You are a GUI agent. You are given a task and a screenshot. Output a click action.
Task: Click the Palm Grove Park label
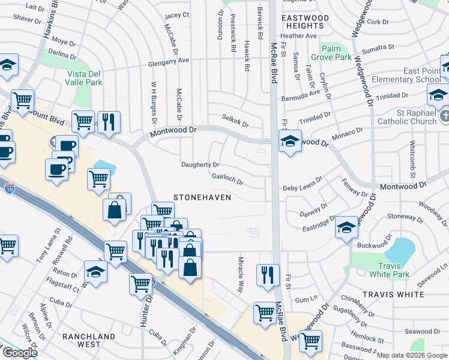pos(335,53)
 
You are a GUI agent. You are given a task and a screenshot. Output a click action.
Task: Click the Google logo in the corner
pos(20,353)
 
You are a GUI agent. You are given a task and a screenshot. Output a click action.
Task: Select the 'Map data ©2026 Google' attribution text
pos(412,355)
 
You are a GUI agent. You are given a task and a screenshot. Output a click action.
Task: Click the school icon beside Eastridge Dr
pos(346,227)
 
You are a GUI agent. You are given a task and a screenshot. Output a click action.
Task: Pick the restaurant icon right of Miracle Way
pos(267,275)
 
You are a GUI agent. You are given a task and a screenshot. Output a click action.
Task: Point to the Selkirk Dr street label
pos(235,120)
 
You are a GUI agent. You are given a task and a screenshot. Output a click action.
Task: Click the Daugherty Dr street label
pos(200,164)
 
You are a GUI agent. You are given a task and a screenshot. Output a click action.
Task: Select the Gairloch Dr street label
pos(228,179)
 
